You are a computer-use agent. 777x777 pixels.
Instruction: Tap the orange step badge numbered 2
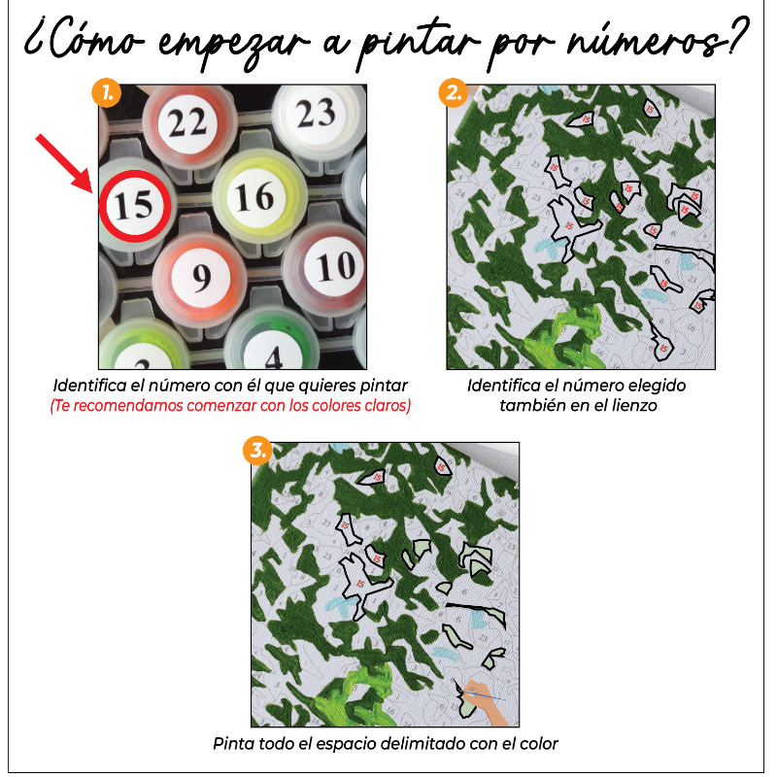[x=452, y=94]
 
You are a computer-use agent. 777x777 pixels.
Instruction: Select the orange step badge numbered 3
[x=258, y=452]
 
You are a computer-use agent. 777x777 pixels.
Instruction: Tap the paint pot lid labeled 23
[x=315, y=114]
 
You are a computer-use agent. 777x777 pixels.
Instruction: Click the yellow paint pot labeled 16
[x=254, y=195]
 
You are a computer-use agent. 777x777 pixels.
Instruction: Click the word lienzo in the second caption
[x=634, y=405]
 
